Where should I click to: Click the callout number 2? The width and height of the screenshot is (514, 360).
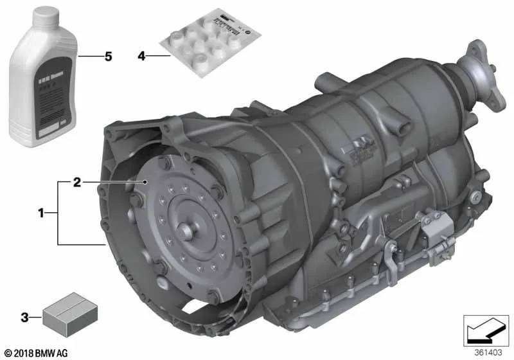pos(76,183)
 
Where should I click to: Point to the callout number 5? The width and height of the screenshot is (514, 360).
pos(108,57)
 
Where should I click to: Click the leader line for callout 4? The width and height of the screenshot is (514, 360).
pos(157,57)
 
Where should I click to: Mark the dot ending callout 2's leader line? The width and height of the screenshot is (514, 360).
pos(147,183)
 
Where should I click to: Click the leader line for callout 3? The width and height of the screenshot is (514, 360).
pos(36,316)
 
